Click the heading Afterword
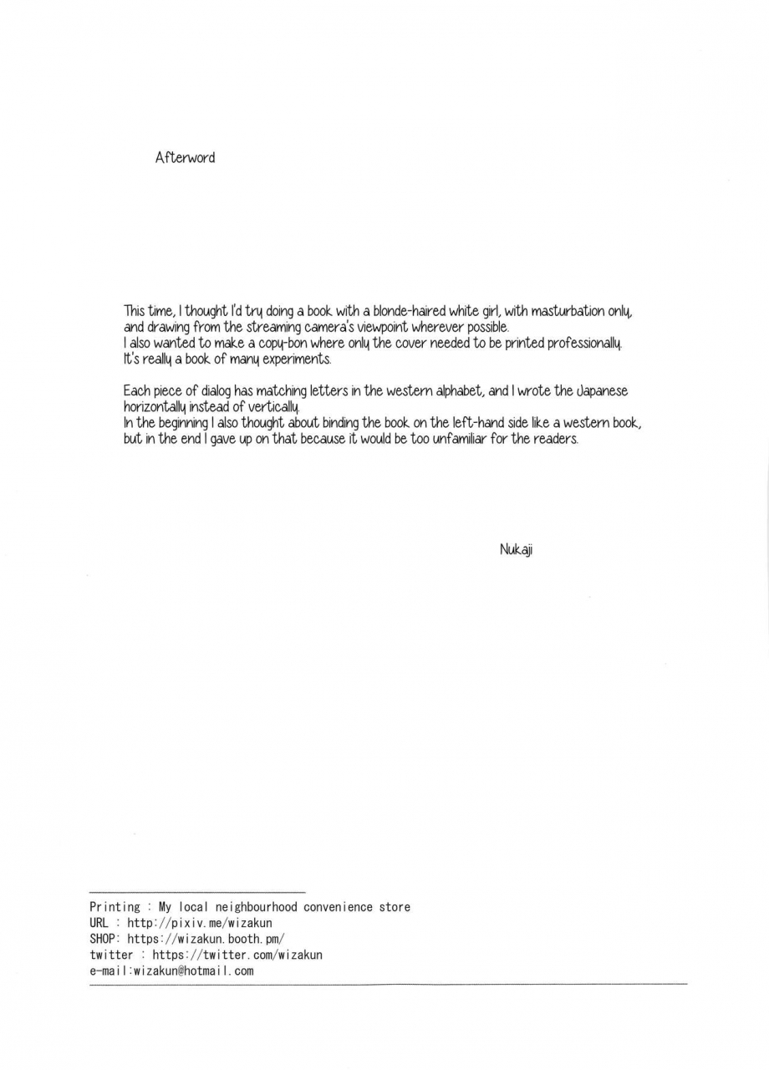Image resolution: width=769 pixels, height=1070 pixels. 185,157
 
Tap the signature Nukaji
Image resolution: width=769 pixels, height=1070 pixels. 516,549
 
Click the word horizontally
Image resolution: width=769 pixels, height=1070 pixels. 158,407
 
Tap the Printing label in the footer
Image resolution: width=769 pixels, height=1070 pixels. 115,907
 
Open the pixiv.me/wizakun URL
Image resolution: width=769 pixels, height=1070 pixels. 200,923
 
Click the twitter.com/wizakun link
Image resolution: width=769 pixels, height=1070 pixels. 237,955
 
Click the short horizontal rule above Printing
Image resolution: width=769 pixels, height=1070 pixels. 197,893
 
